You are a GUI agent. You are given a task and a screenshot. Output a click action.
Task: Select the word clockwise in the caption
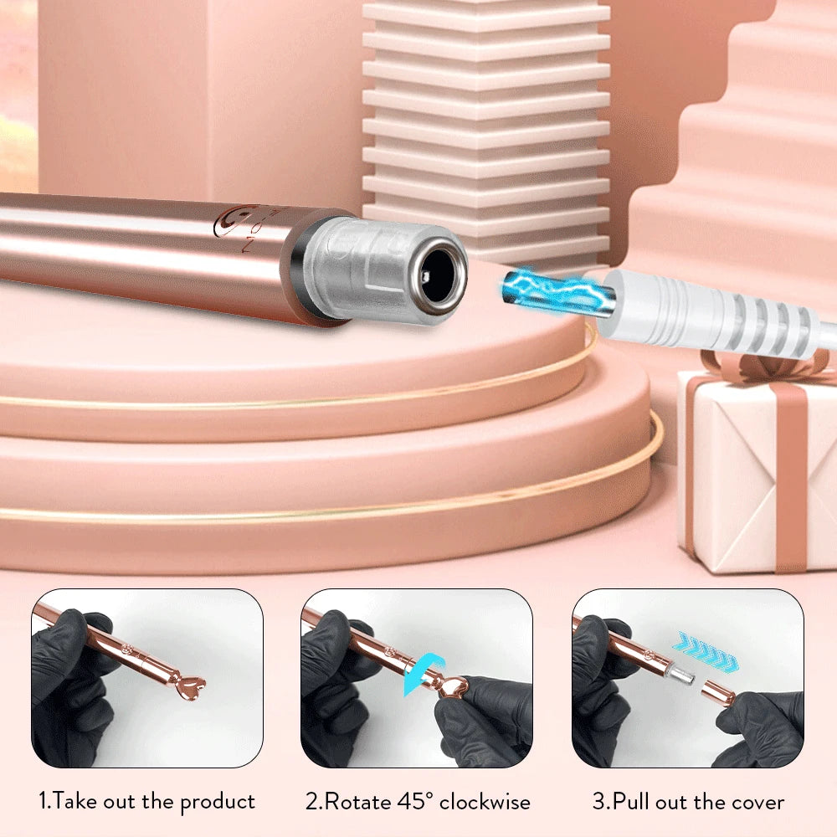pyautogui.click(x=485, y=801)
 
